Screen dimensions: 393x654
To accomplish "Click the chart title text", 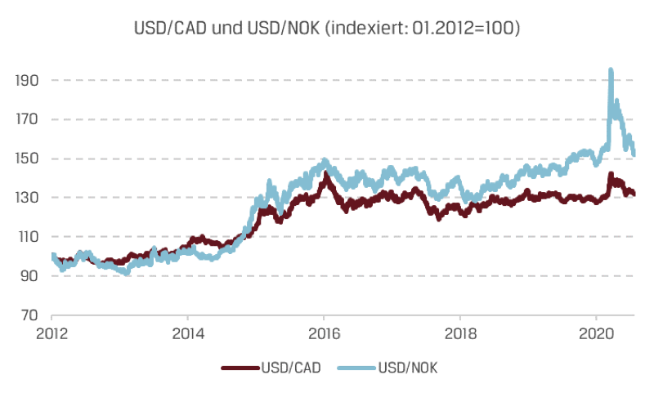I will point(327,28).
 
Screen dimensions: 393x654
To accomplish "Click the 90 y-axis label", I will point(29,276).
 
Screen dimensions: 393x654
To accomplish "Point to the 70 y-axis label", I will point(29,315).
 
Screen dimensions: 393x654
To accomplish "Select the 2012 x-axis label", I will point(52,334).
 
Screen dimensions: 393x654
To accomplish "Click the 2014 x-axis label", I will point(187,334).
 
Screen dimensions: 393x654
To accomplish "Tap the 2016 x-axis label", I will point(324,334).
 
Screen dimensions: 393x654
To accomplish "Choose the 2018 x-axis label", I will point(460,334).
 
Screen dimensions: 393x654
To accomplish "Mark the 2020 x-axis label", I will point(596,334).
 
